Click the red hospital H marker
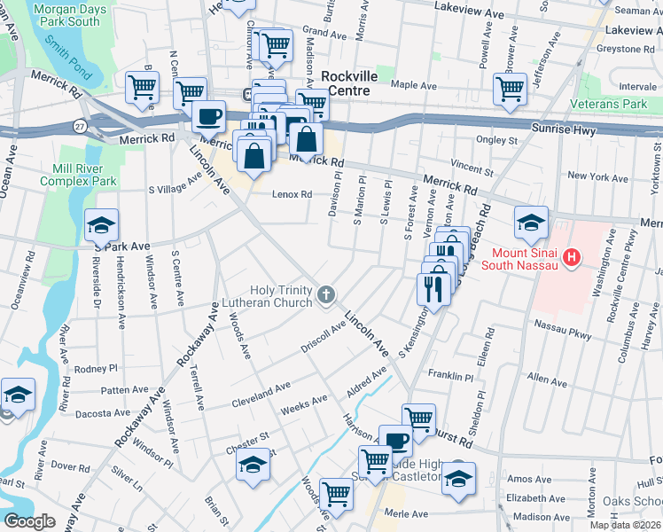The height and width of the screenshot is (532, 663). coord(573,258)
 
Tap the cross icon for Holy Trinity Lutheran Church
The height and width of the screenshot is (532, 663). coord(326,294)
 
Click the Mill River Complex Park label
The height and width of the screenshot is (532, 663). coord(79,173)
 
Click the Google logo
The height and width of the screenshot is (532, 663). coord(30,520)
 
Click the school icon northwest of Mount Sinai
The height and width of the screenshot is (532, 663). coord(530,222)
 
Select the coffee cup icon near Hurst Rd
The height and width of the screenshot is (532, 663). coord(396,440)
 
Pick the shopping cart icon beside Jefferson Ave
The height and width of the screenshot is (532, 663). coord(510,89)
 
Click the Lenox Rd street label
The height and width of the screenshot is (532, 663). coord(292,194)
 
